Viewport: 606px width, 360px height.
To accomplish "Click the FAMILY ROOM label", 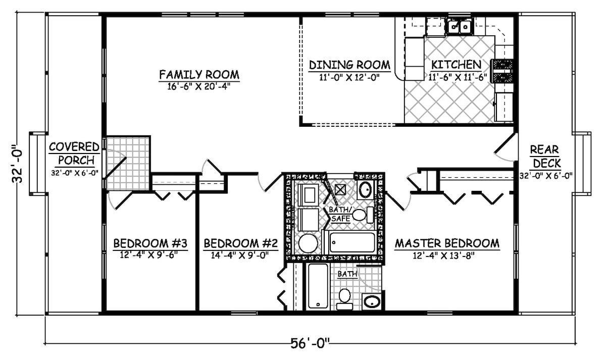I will (x=199, y=75).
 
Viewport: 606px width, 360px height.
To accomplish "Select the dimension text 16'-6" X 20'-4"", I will (x=199, y=86).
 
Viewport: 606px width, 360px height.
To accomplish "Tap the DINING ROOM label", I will (x=349, y=65).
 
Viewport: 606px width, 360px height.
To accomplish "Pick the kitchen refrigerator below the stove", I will (x=503, y=107).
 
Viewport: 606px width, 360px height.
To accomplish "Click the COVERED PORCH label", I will (x=74, y=153).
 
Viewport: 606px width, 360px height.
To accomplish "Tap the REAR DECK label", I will (x=544, y=156).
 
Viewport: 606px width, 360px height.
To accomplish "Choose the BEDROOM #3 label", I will (x=150, y=243).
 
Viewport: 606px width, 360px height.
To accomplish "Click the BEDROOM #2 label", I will (x=241, y=243).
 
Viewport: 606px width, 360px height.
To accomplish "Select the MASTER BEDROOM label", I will (x=446, y=243).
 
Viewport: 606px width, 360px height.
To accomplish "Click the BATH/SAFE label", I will (x=339, y=214).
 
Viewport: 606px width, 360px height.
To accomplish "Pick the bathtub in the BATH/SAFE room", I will (x=352, y=243).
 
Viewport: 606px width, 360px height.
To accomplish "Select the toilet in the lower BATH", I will (x=345, y=297).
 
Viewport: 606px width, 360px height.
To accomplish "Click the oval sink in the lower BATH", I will (x=372, y=302).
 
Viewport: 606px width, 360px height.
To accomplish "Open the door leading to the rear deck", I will (x=505, y=146).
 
